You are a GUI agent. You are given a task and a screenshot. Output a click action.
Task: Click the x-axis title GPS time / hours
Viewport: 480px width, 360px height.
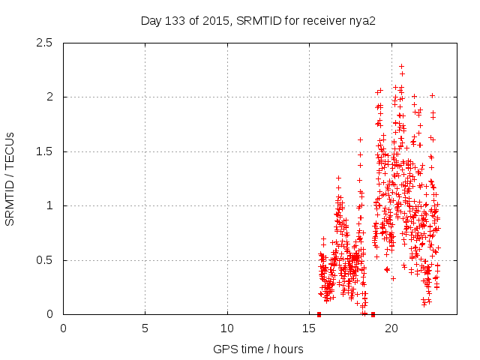point(258,349)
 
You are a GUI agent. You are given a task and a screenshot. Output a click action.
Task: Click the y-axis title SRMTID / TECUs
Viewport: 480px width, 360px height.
point(10,178)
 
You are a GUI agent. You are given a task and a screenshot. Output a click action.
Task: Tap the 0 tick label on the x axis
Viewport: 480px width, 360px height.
point(64,328)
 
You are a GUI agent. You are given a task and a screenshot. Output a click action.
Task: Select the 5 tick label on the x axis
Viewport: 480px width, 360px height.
point(145,328)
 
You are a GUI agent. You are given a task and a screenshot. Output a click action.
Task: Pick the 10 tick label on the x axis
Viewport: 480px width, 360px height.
point(227,328)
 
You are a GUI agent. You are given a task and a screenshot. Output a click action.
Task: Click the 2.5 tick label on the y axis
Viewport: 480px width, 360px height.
point(45,43)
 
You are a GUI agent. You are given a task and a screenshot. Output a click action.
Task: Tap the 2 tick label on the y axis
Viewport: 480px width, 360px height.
point(49,97)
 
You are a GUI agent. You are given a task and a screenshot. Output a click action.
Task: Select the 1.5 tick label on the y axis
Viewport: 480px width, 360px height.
point(45,151)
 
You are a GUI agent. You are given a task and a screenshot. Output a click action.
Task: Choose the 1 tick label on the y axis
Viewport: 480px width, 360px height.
point(49,205)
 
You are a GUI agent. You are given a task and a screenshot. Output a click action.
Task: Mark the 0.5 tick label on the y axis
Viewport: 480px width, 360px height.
point(45,260)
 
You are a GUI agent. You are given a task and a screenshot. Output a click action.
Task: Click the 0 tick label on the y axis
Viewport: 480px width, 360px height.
point(49,314)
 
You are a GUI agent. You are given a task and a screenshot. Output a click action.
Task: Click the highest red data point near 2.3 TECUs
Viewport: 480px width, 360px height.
point(401,66)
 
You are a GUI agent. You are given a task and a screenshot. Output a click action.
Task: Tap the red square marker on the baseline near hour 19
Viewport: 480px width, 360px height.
point(373,314)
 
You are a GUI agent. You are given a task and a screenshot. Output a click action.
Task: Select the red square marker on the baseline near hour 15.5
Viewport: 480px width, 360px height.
point(319,314)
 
